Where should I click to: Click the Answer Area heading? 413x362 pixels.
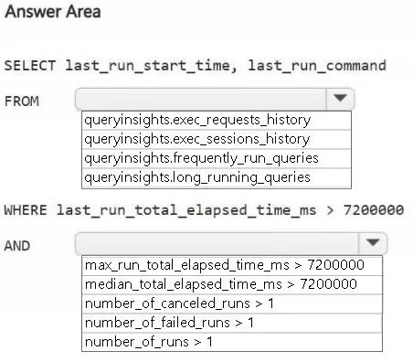pos(53,12)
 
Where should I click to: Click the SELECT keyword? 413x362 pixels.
pos(30,66)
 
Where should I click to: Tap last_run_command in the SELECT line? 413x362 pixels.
pos(317,66)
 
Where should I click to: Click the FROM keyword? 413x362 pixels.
pos(22,101)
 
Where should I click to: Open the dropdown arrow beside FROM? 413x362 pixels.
pos(340,99)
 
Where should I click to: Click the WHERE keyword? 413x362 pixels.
pos(26,210)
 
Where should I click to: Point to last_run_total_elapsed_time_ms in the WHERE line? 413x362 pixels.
pos(186,210)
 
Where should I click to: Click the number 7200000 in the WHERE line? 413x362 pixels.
pos(374,210)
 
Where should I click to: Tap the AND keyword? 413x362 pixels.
pos(17,246)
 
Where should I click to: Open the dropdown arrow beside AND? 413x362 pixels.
pos(373,243)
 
